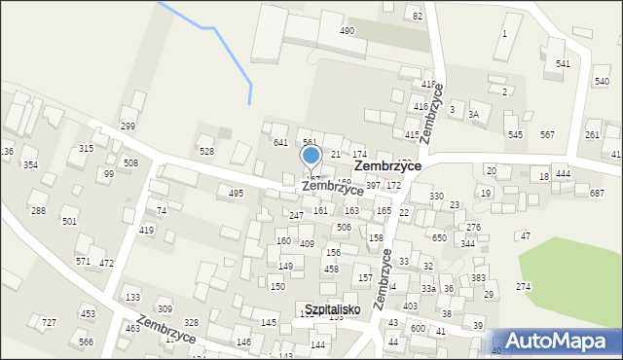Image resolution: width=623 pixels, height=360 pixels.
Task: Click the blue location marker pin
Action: click(311, 157)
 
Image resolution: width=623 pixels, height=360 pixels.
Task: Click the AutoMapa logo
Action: click(563, 341)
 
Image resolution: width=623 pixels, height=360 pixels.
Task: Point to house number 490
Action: click(347, 31)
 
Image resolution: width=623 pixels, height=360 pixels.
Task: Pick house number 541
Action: click(563, 63)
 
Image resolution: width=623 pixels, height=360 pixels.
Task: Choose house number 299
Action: click(128, 126)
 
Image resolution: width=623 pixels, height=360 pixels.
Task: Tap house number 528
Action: click(206, 151)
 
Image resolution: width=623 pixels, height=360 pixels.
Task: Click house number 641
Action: click(280, 143)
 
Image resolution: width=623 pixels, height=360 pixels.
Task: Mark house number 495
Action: click(236, 194)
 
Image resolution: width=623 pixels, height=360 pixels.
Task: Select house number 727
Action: click(49, 322)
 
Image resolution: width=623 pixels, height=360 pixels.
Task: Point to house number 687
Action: click(597, 194)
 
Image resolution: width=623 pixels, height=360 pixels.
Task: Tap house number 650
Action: click(439, 237)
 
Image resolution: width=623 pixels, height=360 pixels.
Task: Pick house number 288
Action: click(38, 210)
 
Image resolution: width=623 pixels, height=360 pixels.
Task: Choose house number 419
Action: click(146, 230)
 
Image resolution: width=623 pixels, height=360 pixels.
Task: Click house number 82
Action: click(417, 16)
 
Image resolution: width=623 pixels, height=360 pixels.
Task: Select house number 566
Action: click(87, 342)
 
